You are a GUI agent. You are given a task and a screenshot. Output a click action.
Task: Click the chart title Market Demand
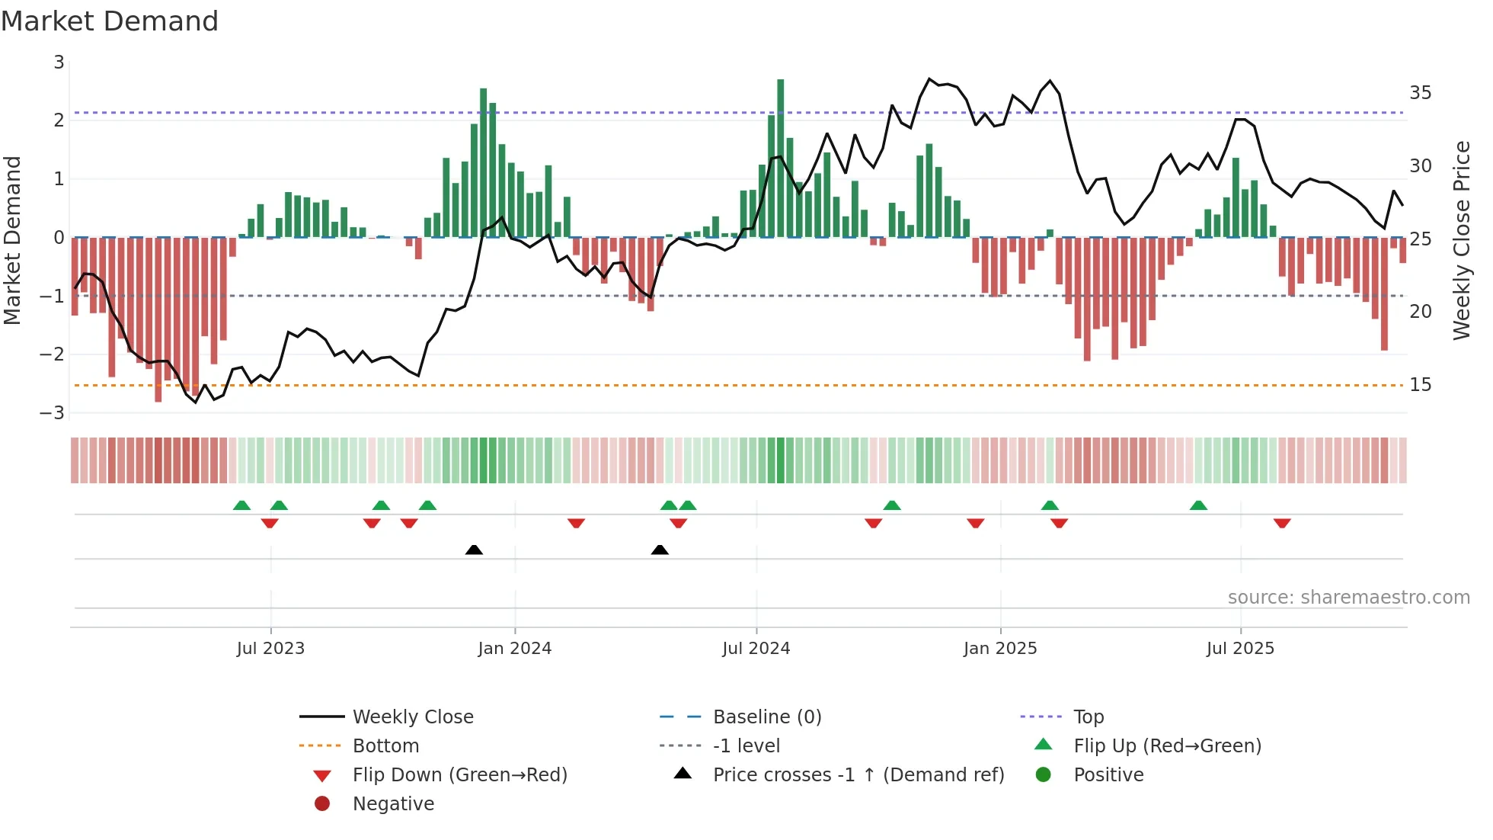point(110,21)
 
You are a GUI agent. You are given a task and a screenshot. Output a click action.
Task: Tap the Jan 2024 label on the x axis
point(514,649)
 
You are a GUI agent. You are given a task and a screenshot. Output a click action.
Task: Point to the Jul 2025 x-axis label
point(1239,649)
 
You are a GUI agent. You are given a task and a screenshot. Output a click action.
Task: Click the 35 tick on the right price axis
point(1420,93)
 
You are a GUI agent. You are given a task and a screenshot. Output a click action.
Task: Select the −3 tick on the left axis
point(53,413)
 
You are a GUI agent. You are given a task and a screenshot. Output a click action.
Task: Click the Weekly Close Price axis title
point(1461,240)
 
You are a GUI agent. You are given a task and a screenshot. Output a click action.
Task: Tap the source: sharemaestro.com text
point(1348,598)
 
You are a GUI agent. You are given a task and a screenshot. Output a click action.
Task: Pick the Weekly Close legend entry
point(412,717)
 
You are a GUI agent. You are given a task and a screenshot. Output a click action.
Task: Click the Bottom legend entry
point(385,746)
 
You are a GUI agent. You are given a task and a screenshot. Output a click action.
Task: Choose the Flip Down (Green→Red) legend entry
point(459,775)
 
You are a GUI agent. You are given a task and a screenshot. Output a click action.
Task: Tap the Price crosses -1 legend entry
point(858,775)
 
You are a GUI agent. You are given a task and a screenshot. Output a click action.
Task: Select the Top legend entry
point(1088,717)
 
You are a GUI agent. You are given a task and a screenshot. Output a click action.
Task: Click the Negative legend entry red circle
point(322,804)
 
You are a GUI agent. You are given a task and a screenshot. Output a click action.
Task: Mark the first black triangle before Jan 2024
point(474,550)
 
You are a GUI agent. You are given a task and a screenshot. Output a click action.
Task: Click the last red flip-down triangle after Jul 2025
point(1281,523)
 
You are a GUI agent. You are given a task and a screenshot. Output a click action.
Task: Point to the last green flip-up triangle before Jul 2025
point(1198,505)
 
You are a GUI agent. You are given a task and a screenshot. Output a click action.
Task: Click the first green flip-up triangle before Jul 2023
point(241,505)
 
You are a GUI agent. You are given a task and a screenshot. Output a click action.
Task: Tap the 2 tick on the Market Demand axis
point(59,120)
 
